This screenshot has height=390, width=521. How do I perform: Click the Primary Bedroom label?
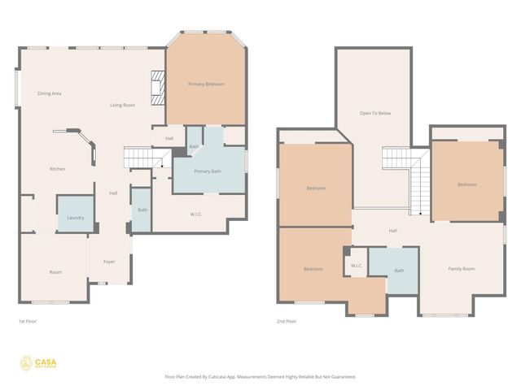coord(206,84)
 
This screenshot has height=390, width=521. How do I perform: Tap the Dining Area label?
coord(50,93)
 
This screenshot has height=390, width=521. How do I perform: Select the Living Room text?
coord(123,106)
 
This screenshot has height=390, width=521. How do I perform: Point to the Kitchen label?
coord(57,168)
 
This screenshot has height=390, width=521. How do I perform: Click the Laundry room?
coord(75,217)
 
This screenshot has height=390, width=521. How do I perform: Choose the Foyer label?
coord(109,262)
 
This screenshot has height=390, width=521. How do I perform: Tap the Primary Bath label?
coord(208,171)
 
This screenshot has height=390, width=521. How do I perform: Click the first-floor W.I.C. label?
coord(196,215)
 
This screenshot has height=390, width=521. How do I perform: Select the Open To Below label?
coord(375,113)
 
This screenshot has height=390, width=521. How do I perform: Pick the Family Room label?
coord(462,268)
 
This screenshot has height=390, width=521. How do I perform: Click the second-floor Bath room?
coord(399,271)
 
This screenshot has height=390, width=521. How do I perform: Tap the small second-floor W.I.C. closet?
coord(357,266)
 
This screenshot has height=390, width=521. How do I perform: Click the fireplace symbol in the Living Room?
coord(158,82)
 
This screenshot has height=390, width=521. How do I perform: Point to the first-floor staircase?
coord(138,157)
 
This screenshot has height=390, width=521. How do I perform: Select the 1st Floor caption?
coord(27,321)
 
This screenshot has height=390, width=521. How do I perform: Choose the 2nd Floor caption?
coord(286,321)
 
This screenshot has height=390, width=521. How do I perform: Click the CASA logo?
coord(38,362)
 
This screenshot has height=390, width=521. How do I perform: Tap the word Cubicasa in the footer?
coord(230,376)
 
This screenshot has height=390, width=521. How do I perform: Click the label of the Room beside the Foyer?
coord(55,272)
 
